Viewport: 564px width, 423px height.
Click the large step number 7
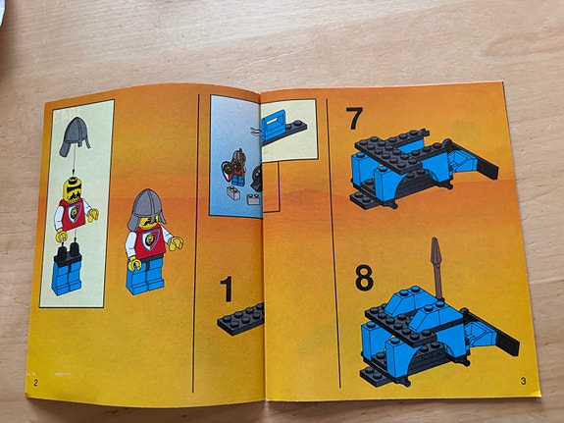[x=355, y=118]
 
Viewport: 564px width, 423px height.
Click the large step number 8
[x=364, y=278]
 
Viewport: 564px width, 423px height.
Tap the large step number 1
[x=227, y=290]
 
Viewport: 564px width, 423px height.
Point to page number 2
[x=35, y=383]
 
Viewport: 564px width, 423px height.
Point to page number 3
[x=524, y=381]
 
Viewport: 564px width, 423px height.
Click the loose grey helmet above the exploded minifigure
[x=75, y=136]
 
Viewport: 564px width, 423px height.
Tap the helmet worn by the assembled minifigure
[x=146, y=208]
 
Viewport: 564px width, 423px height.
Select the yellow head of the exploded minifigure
[x=73, y=189]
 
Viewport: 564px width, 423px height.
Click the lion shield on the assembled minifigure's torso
[x=149, y=240]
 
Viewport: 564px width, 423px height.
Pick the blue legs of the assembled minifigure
[x=145, y=276]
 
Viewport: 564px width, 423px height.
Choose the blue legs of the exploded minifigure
[x=67, y=278]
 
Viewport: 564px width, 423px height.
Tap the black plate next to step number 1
[x=241, y=319]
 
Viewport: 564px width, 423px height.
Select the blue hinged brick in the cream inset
[x=274, y=125]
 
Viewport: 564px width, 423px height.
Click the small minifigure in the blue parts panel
[x=234, y=168]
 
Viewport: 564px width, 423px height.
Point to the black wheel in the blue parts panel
[x=257, y=178]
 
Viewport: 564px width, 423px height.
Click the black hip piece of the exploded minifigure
[x=68, y=255]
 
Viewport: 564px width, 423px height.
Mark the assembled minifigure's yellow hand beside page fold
[x=176, y=243]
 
